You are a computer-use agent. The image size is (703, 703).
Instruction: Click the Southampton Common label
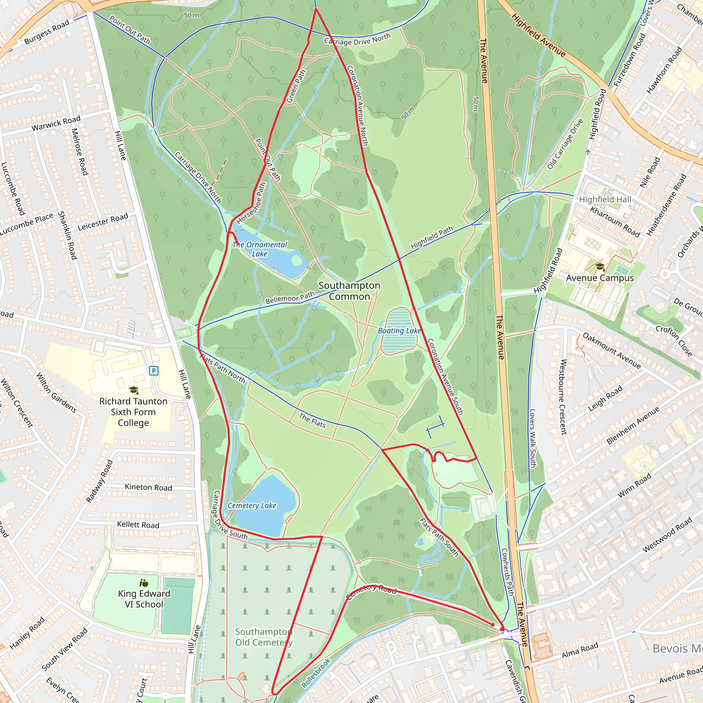[349, 291]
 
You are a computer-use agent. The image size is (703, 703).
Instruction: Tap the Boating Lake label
[399, 331]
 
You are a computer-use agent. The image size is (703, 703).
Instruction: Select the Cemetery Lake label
[252, 505]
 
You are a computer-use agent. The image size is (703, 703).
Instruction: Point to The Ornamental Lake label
[260, 249]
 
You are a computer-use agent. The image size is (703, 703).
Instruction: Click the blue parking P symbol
[153, 371]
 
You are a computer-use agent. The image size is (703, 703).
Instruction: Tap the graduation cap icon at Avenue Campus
[600, 267]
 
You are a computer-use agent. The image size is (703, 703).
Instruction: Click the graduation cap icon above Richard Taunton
[134, 390]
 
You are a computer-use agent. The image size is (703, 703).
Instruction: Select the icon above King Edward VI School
[144, 583]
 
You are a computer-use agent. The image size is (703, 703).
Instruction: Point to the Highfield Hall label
[605, 199]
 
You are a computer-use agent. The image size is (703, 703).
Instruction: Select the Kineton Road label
[148, 487]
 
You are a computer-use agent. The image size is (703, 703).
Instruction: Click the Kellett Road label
[138, 525]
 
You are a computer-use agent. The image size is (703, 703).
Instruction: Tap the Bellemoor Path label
[290, 298]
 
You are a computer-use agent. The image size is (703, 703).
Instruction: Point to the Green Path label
[296, 87]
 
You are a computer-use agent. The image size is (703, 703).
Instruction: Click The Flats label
[312, 420]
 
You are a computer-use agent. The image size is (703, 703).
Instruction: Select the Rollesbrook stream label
[316, 673]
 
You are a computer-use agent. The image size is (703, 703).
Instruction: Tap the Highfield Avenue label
[538, 35]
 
